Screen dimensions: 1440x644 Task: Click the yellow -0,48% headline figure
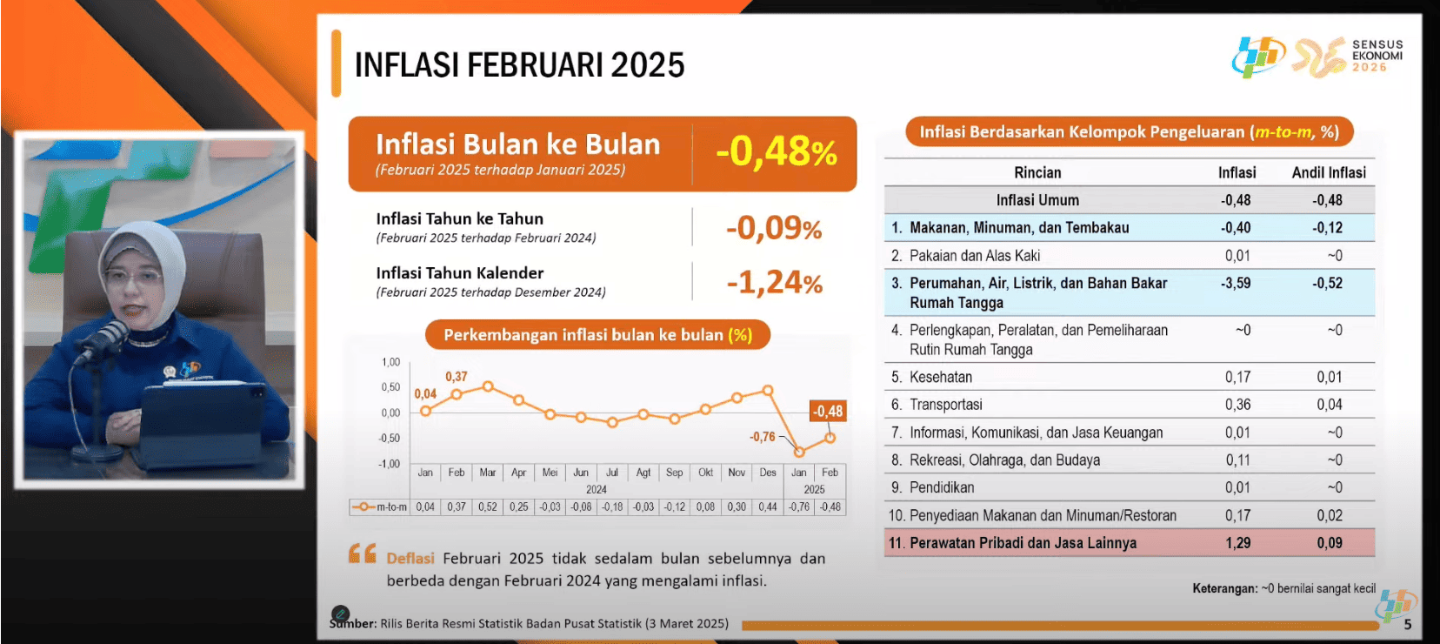(777, 153)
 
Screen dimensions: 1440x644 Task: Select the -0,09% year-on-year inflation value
(774, 228)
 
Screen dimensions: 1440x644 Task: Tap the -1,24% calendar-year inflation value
(775, 283)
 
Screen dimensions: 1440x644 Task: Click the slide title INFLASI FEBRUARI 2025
(519, 65)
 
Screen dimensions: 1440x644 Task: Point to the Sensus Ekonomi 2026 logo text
(1377, 56)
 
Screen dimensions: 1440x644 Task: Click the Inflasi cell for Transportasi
(1237, 405)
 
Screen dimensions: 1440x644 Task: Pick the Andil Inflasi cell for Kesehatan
(1329, 377)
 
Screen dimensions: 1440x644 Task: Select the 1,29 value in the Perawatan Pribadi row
(1237, 543)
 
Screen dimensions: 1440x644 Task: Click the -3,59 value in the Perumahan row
(1236, 283)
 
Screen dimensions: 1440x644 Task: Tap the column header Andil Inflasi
(1329, 172)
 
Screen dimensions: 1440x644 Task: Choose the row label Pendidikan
(941, 487)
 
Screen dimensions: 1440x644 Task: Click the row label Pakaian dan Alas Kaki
(975, 255)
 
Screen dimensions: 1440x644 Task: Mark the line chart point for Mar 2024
(488, 386)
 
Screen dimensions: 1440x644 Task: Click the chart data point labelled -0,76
(799, 452)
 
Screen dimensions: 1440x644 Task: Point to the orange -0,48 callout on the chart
(827, 411)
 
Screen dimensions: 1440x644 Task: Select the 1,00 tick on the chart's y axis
(390, 362)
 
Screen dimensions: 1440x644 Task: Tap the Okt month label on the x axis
(705, 473)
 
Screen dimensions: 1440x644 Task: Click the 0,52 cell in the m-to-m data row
(487, 507)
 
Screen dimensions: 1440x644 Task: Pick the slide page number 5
(1408, 624)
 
